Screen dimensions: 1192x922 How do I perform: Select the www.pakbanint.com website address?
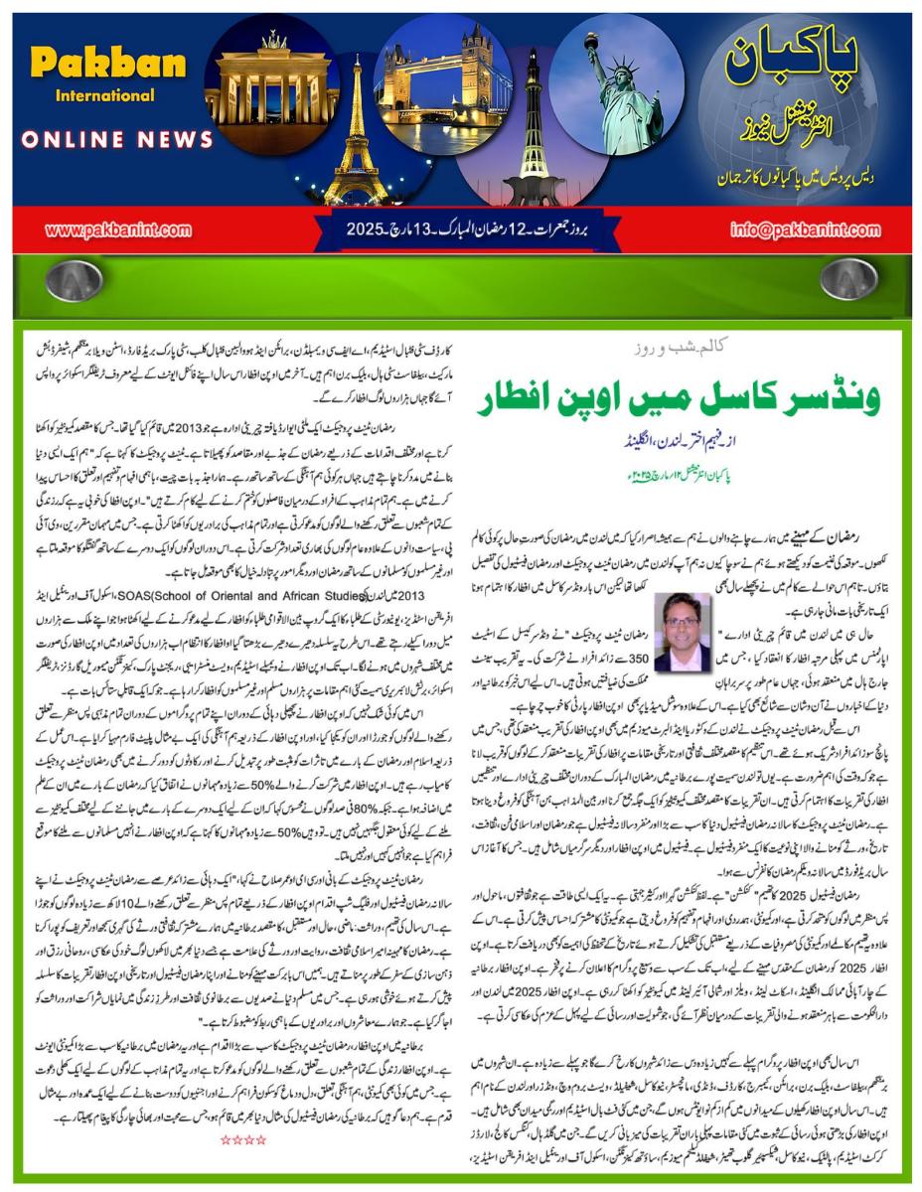pyautogui.click(x=118, y=230)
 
